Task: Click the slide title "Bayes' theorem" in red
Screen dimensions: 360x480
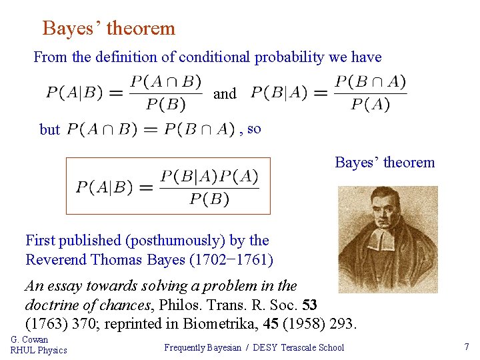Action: (109, 29)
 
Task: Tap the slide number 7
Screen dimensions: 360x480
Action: (467, 347)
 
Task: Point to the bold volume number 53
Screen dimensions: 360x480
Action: (309, 305)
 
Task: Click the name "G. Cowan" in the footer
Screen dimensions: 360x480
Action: (29, 340)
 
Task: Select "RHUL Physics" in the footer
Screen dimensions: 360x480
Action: (39, 351)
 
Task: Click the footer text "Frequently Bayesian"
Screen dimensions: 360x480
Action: (203, 347)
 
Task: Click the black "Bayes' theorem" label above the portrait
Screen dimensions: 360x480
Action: (385, 163)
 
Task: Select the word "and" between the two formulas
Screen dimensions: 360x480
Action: (225, 94)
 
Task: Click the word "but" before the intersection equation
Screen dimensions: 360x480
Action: (50, 130)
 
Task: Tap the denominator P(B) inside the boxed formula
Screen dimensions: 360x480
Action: (209, 199)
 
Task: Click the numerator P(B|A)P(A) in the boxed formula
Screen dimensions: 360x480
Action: (209, 176)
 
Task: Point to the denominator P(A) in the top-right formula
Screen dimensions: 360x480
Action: (371, 104)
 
